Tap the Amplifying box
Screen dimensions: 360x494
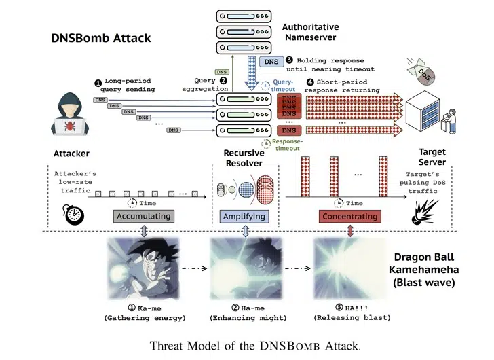tap(244, 216)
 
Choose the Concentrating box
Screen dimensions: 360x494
tap(349, 216)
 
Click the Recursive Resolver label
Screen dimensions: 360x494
tap(244, 158)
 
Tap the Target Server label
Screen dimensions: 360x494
tap(432, 158)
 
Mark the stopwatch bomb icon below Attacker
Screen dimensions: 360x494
tap(75, 214)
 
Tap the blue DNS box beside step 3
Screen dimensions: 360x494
tap(269, 62)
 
